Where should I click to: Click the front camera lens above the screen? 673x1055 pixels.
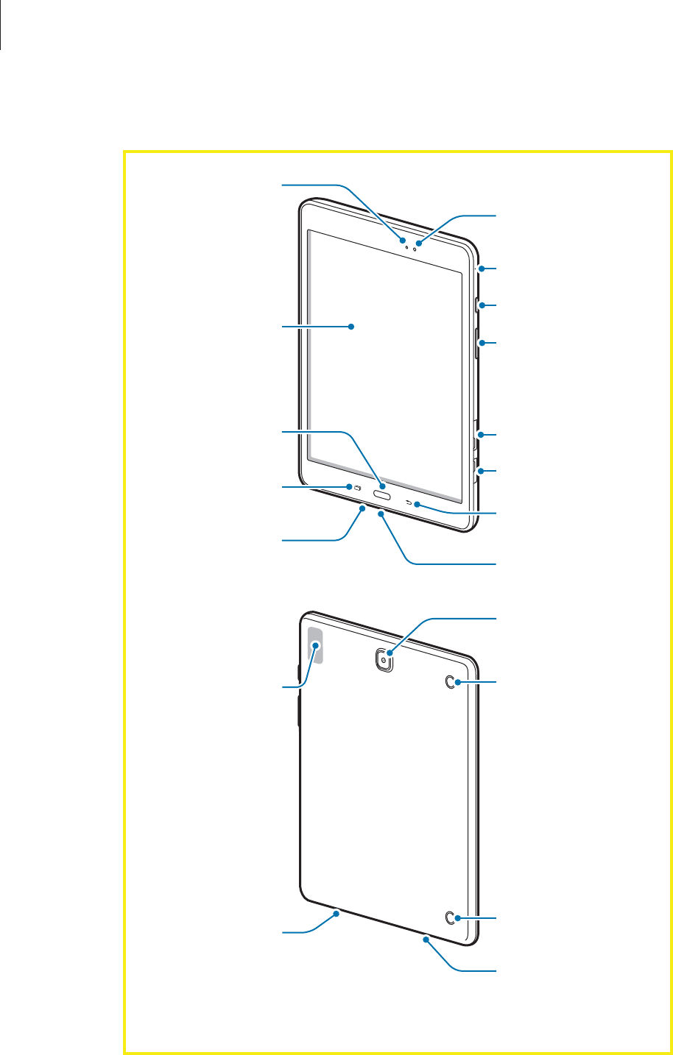(x=415, y=244)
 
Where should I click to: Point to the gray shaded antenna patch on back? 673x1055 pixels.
(x=312, y=645)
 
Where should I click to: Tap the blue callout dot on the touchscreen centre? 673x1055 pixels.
(x=352, y=326)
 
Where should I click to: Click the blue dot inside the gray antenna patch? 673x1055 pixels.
(x=317, y=644)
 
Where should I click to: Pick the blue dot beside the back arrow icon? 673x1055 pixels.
(x=418, y=505)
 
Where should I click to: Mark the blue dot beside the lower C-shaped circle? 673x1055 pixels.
(x=459, y=918)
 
